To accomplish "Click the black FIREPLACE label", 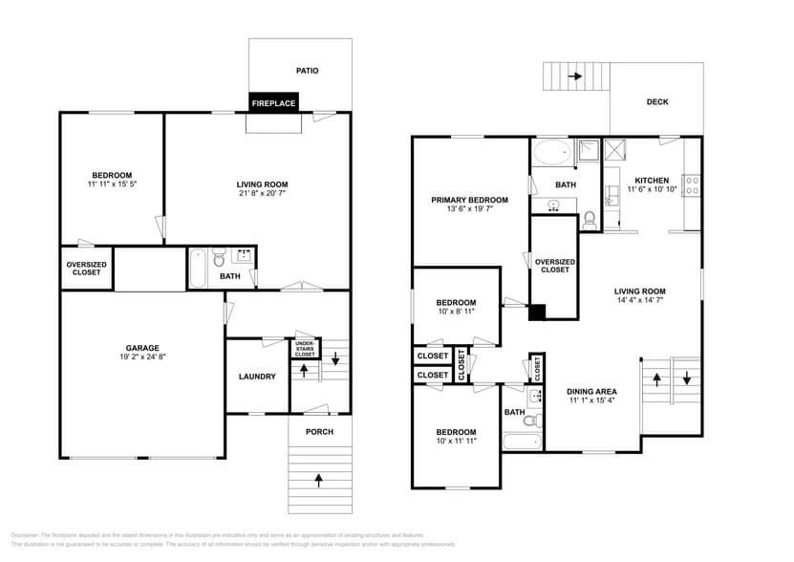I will [x=273, y=102].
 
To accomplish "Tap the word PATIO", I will [x=307, y=70].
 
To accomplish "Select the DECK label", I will [x=657, y=101].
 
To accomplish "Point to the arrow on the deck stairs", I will [x=576, y=76].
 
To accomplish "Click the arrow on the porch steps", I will [x=318, y=476].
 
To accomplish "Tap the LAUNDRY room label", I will [x=257, y=377].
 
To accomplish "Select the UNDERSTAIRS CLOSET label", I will [x=304, y=349].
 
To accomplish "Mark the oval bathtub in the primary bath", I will [x=550, y=151].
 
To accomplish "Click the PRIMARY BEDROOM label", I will [x=469, y=200].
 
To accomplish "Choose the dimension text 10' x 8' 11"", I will [x=456, y=313].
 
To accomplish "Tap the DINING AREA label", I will [x=591, y=391].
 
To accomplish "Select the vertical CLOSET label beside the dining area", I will [x=536, y=365].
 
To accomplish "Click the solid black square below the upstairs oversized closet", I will [x=537, y=312].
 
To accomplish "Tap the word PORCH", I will [x=318, y=431].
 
